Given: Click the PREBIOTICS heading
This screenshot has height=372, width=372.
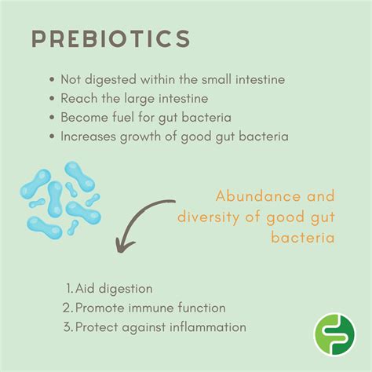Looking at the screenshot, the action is pos(111,38).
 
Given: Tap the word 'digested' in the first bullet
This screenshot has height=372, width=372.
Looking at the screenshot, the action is pos(111,80).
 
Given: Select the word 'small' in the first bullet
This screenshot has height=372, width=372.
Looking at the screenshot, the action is pos(217,79).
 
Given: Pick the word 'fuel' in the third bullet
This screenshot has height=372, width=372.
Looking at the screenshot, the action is pos(123,117).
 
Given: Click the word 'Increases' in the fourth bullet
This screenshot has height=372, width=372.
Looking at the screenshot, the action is pos(89,136).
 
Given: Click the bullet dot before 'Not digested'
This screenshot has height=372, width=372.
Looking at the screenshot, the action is pos(52,79).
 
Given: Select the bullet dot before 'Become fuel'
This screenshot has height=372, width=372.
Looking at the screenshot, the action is pos(52,117).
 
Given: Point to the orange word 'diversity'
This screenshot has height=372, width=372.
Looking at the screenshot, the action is pos(209,217).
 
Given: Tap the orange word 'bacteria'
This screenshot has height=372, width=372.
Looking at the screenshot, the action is pos(303,238).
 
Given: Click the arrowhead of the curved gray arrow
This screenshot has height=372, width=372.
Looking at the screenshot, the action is pos(123,246).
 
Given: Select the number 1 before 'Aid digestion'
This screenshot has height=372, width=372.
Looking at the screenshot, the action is pos(69,289).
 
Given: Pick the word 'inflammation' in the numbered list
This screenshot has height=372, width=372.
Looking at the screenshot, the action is pos(208,327).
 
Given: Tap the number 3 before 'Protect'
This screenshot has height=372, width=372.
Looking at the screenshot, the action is pos(67,327).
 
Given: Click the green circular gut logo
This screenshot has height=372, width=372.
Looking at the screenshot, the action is pos(334,334).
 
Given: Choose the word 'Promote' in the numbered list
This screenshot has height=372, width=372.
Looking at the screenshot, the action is pos(100,308).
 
